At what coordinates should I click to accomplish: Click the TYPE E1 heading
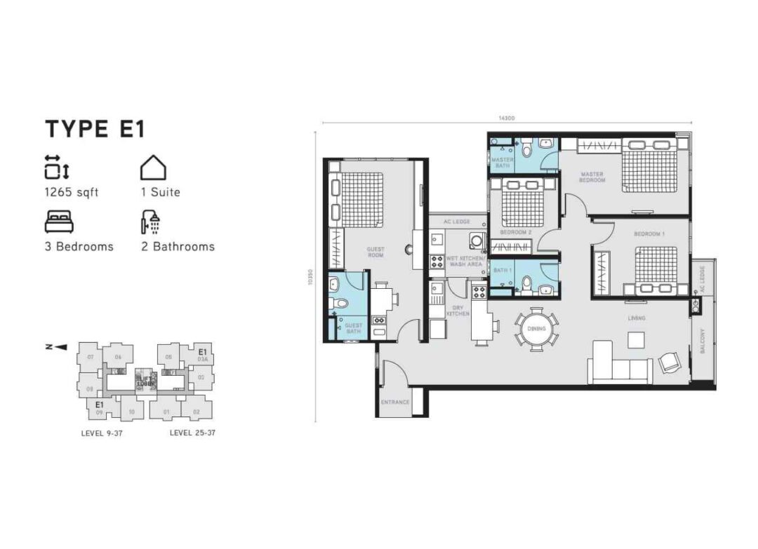95,130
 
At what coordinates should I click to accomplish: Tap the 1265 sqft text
72,192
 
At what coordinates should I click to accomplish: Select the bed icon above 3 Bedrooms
58,222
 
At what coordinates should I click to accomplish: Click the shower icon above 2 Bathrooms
148,222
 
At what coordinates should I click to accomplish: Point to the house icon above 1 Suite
153,168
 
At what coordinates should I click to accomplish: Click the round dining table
537,327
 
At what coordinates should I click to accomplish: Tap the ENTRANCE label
394,402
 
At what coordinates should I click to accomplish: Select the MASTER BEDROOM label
592,177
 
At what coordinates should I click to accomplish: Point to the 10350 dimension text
309,278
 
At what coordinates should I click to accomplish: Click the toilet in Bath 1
526,283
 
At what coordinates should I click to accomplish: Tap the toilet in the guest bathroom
337,304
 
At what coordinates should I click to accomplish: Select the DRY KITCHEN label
458,311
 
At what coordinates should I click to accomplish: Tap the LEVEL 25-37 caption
192,433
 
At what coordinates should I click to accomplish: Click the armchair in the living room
669,362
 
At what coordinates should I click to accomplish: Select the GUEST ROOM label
375,252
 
